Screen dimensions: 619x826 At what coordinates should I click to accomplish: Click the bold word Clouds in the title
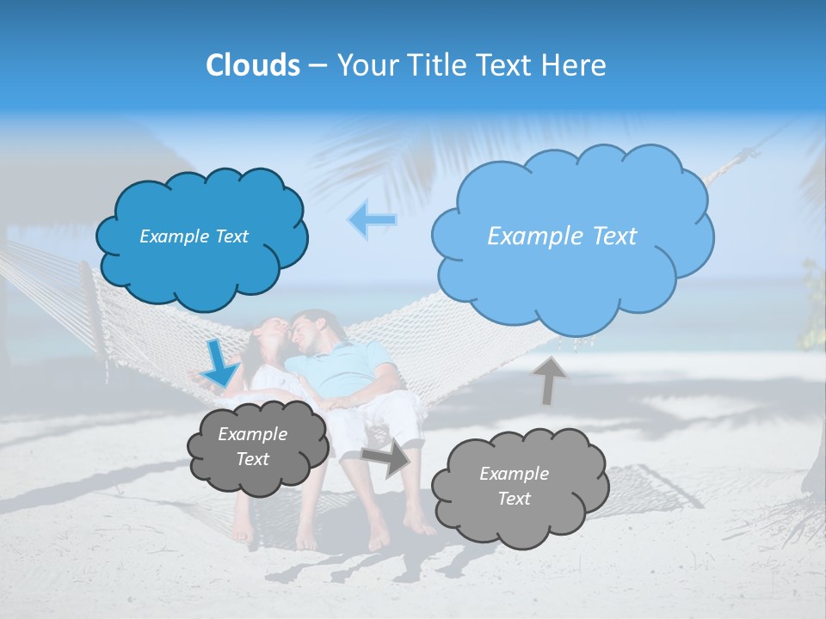pyautogui.click(x=253, y=65)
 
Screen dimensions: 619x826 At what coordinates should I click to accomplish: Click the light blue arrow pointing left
pyautogui.click(x=372, y=220)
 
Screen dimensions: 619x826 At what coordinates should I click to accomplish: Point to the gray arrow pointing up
pyautogui.click(x=550, y=380)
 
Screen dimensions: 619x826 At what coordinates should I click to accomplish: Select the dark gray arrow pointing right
pyautogui.click(x=386, y=457)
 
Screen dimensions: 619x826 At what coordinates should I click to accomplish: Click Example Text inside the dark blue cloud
pyautogui.click(x=194, y=236)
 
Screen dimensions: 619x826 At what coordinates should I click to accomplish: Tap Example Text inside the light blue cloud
pyautogui.click(x=562, y=236)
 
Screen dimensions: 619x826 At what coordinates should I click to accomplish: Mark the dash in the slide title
pyautogui.click(x=317, y=65)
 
